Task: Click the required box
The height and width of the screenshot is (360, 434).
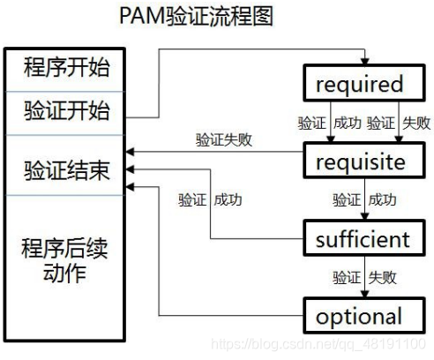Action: [x=358, y=85]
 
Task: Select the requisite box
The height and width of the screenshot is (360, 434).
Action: [x=358, y=162]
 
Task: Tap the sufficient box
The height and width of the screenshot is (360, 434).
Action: [x=358, y=239]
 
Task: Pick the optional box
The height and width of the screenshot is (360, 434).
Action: [x=358, y=316]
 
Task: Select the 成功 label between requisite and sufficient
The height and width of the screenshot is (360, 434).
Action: [x=382, y=200]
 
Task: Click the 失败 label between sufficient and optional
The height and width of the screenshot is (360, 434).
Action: [x=382, y=277]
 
